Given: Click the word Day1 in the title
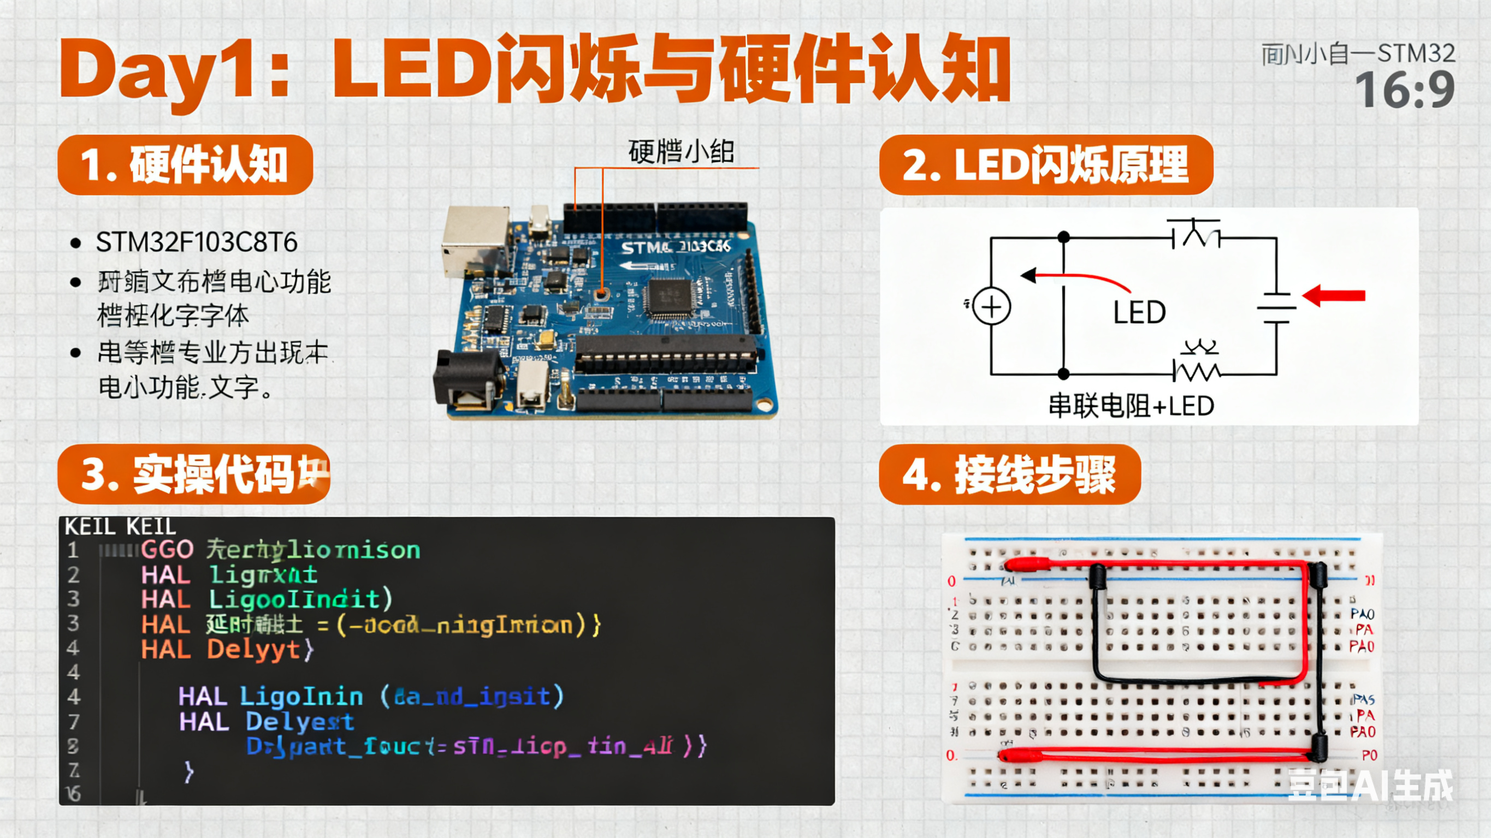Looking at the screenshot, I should coord(156,69).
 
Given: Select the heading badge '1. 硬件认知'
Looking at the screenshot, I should coord(185,165).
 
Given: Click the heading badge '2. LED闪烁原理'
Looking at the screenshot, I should coord(1045,165).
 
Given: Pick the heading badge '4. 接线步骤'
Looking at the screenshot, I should coord(1009,474).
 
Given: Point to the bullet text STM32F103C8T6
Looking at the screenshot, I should coord(196,242).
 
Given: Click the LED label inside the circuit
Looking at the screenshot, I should coord(1139,312).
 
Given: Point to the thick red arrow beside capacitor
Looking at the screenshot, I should coord(1334,296).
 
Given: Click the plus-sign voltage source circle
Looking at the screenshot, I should coord(991,307).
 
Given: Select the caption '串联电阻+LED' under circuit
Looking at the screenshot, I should coord(1131,406).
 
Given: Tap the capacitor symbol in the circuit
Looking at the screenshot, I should coord(1276,307).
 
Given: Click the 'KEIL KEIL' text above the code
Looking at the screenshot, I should coord(120,527).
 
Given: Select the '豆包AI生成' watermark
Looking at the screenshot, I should coord(1370,786).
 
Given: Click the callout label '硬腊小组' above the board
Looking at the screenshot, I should coord(681,152).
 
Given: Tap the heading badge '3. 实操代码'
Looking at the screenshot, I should coord(194,474).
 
